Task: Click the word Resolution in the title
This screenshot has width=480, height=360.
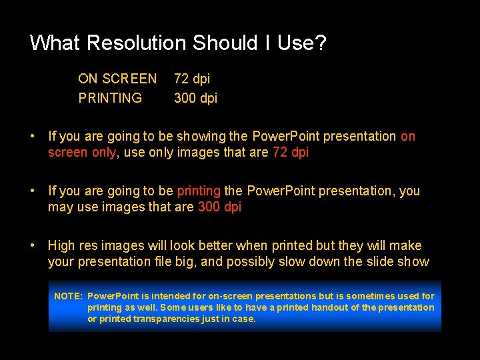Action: tap(137, 43)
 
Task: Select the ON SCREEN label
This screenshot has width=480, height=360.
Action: tap(117, 79)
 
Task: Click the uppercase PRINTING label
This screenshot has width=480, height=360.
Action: tap(110, 98)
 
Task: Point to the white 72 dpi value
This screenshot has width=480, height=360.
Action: tap(192, 79)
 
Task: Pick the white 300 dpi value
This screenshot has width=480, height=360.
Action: tap(195, 98)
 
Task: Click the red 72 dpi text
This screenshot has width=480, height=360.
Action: tap(291, 152)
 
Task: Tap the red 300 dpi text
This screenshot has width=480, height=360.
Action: tap(219, 207)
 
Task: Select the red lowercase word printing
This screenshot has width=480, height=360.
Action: tap(199, 191)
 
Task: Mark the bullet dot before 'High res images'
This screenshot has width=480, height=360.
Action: tap(32, 245)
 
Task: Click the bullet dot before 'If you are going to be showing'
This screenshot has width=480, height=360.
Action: tap(32, 136)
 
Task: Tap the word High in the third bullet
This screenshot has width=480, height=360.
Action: tap(61, 245)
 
